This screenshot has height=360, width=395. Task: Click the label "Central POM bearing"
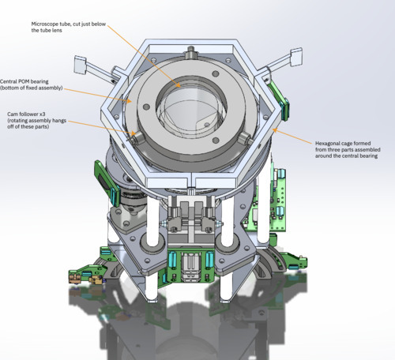tap(24, 81)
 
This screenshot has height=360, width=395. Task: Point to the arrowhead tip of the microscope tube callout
tap(181, 87)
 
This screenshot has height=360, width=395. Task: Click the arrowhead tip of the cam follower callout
tap(136, 134)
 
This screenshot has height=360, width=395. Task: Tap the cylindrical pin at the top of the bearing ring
tap(190, 52)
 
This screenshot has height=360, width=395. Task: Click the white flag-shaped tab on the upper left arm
tap(80, 65)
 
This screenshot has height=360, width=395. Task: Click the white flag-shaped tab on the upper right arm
tap(296, 57)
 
